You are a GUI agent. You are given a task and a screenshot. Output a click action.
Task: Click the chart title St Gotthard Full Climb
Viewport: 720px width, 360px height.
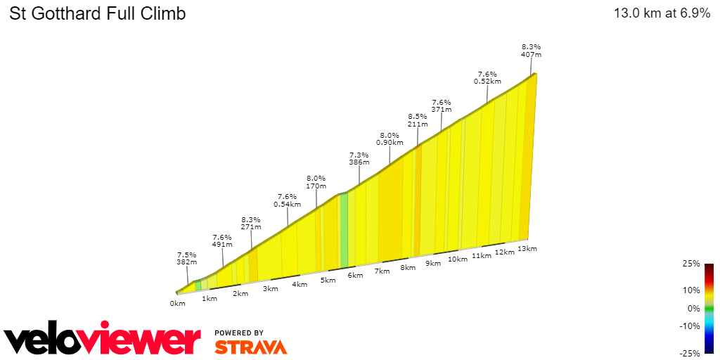97,13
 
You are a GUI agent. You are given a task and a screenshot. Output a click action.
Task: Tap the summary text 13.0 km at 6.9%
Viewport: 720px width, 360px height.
662,13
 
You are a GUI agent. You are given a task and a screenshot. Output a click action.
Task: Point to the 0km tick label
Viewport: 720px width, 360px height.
177,304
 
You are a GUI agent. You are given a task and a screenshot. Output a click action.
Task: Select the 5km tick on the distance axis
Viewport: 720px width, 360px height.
328,281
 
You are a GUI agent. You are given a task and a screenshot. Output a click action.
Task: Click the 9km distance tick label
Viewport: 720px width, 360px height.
432,264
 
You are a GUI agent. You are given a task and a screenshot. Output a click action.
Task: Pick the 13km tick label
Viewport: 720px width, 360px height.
527,249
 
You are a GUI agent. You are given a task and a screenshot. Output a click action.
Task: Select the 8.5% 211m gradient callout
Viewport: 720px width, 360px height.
417,120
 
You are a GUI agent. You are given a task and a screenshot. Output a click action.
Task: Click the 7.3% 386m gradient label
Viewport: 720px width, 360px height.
359,158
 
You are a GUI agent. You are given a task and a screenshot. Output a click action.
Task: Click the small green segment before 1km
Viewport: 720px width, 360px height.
198,285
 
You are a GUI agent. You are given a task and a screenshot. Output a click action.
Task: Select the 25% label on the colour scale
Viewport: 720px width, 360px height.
691,264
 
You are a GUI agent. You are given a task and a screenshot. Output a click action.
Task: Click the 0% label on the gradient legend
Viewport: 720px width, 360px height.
693,308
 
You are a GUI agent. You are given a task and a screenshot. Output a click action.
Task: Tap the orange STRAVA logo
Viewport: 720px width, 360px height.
250,347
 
